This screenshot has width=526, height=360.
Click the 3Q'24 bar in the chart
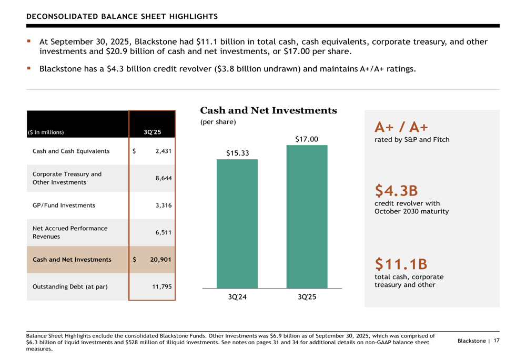click(x=237, y=223)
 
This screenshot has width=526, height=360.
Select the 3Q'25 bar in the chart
click(x=307, y=217)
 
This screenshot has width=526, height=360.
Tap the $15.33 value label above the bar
click(x=237, y=153)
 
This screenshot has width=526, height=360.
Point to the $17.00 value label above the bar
click(x=307, y=139)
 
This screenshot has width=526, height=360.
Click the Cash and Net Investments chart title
click(x=268, y=111)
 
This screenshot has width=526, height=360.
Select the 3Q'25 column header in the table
click(x=153, y=132)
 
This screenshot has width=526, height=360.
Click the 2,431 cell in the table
click(x=164, y=151)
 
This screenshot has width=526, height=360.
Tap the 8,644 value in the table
click(x=164, y=178)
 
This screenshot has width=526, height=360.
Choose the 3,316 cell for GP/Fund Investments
click(x=164, y=205)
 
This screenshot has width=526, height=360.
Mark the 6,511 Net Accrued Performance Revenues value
click(x=164, y=232)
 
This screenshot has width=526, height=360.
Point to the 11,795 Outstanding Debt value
click(x=162, y=287)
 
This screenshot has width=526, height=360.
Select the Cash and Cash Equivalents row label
click(x=71, y=151)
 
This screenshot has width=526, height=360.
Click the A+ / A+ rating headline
click(x=401, y=127)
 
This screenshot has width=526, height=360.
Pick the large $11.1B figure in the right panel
click(x=401, y=263)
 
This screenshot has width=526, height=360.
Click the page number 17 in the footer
click(x=496, y=341)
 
